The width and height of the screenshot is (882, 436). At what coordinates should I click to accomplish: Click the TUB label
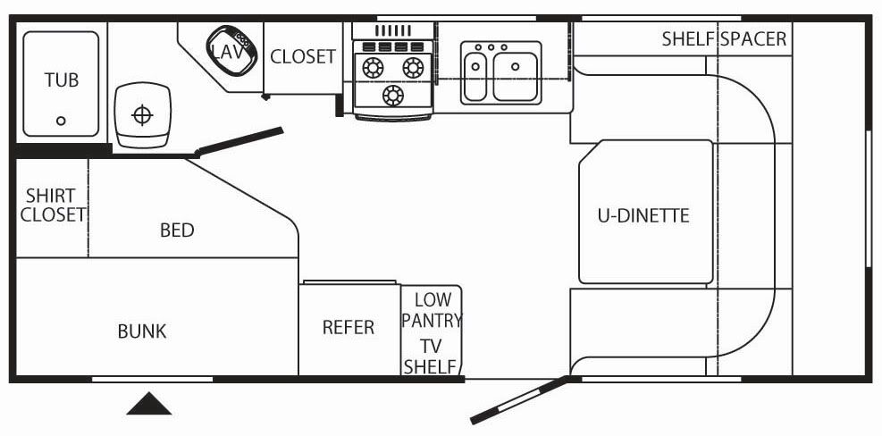click(61, 80)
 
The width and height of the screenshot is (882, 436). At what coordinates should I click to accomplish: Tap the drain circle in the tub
click(61, 121)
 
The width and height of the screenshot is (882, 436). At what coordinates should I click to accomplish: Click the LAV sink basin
click(228, 50)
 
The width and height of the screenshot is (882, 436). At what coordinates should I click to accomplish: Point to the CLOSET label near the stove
click(303, 56)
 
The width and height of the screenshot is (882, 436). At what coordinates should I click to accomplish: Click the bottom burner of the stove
click(391, 95)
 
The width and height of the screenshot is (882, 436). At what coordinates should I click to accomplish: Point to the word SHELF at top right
click(688, 39)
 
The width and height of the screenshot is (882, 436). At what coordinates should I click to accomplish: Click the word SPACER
click(753, 39)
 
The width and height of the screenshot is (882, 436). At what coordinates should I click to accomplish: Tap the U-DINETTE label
click(643, 215)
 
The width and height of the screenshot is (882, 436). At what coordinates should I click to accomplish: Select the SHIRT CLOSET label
click(51, 205)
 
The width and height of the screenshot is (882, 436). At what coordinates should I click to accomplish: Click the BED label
click(177, 231)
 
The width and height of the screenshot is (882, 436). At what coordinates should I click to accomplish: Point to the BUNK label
click(142, 331)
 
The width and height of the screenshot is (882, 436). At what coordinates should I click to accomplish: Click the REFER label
click(348, 328)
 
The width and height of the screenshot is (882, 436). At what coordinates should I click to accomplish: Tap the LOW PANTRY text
click(432, 310)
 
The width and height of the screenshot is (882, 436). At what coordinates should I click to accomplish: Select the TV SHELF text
click(431, 356)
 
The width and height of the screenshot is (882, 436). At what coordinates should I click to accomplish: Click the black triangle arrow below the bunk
click(148, 404)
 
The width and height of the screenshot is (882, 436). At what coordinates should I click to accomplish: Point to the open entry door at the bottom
click(517, 399)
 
